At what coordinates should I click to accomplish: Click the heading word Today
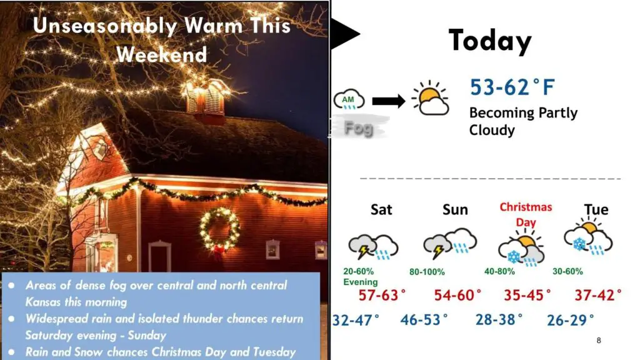pyautogui.click(x=490, y=41)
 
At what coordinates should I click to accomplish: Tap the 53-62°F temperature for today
pyautogui.click(x=512, y=87)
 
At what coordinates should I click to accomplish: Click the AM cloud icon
pyautogui.click(x=349, y=99)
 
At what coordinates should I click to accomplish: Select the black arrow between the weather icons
pyautogui.click(x=389, y=101)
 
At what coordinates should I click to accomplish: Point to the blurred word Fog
pyautogui.click(x=358, y=128)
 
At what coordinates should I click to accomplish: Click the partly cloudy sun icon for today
pyautogui.click(x=430, y=98)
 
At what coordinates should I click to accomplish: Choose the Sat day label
pyautogui.click(x=381, y=209)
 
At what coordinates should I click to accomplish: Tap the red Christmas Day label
pyautogui.click(x=526, y=215)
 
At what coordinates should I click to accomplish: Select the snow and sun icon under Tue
pyautogui.click(x=588, y=237)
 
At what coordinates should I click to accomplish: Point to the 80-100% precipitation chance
pyautogui.click(x=427, y=272)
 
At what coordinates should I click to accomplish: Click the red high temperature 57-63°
pyautogui.click(x=382, y=295)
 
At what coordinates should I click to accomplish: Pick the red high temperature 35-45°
pyautogui.click(x=527, y=295)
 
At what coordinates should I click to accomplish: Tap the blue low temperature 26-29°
pyautogui.click(x=570, y=321)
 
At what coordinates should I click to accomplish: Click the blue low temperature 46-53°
pyautogui.click(x=424, y=319)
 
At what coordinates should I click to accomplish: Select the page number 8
pyautogui.click(x=599, y=341)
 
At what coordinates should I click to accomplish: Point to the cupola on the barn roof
pyautogui.click(x=205, y=99)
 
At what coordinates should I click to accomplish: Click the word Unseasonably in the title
pyautogui.click(x=105, y=26)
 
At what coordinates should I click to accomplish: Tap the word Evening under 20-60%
pyautogui.click(x=361, y=282)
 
